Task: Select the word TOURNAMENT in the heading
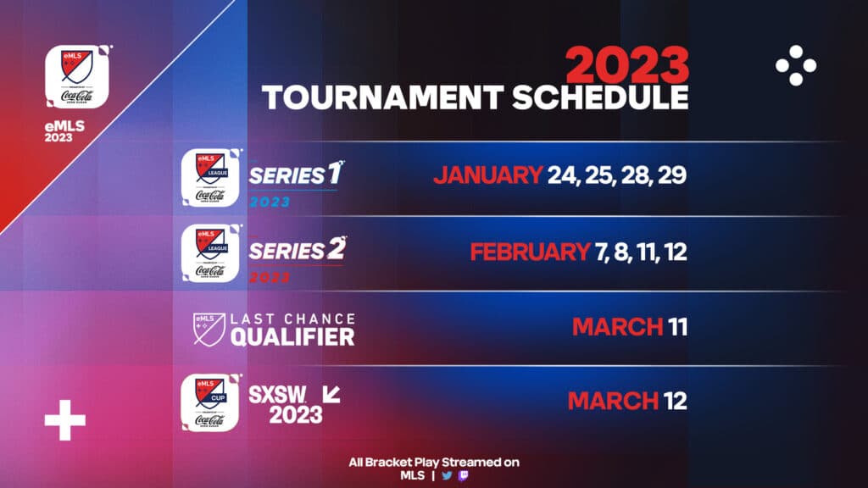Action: pos(382,97)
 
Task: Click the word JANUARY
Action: pos(487,175)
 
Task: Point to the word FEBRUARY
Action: pos(526,252)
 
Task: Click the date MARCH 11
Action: pos(628,326)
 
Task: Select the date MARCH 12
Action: pos(626,400)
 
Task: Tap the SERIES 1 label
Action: pos(288,175)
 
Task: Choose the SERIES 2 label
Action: pos(289,251)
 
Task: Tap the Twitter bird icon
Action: pos(447,475)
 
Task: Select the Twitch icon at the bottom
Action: pos(462,475)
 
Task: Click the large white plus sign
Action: pos(65,420)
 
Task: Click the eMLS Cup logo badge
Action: pos(209,403)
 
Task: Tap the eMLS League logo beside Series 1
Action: pos(209,179)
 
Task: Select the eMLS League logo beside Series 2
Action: pos(209,253)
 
